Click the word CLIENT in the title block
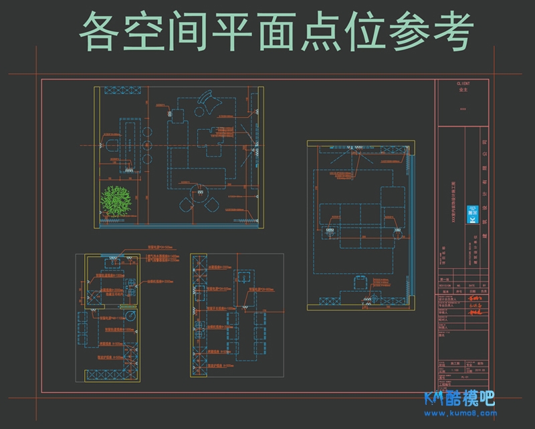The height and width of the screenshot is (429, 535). (463, 84)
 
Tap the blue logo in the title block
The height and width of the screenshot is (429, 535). (473, 219)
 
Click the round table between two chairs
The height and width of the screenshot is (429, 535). (199, 198)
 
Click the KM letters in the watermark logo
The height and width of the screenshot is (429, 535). (435, 399)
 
